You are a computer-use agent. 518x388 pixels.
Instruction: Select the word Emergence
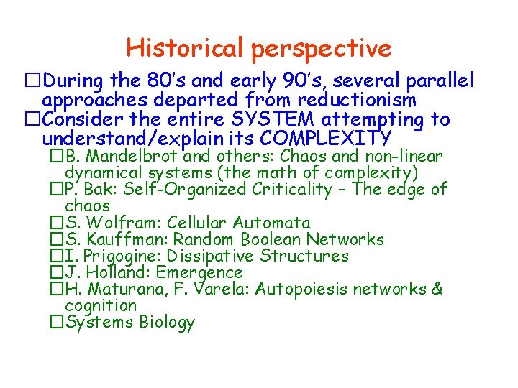point(199,273)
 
